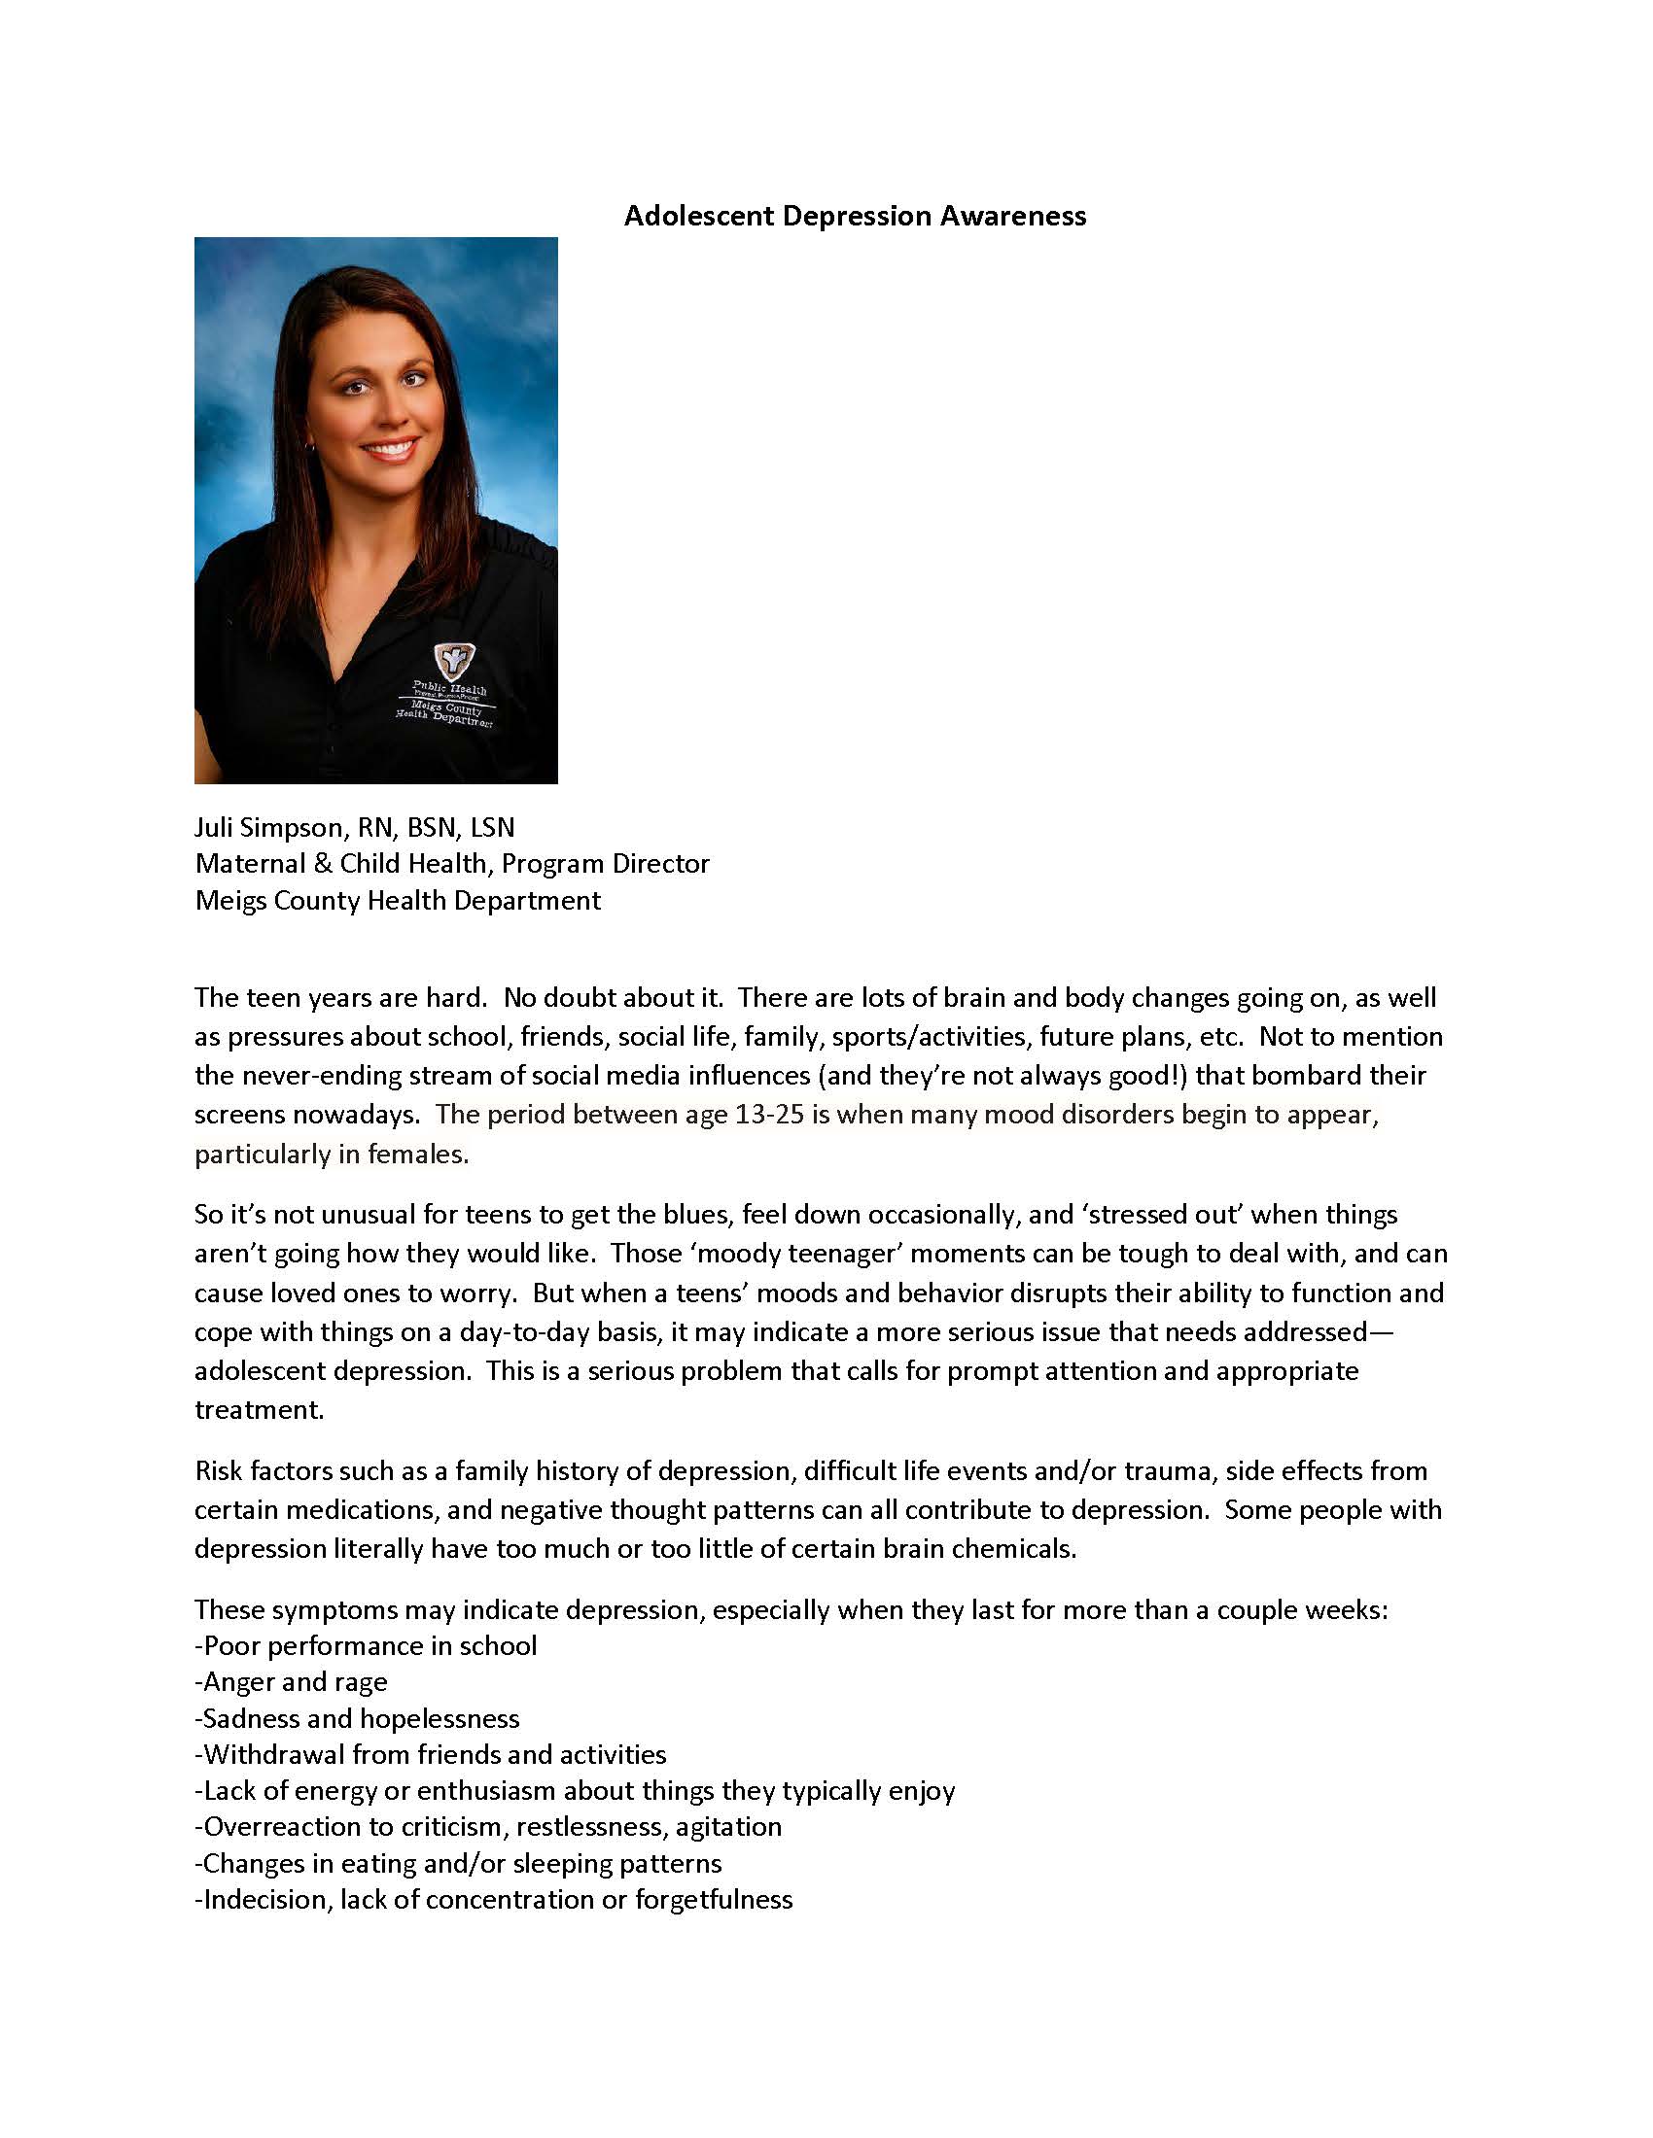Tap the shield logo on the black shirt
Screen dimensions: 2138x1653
449,662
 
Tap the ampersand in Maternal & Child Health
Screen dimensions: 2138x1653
322,863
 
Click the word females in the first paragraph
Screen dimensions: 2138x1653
417,1155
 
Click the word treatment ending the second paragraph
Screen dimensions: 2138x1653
258,1410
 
